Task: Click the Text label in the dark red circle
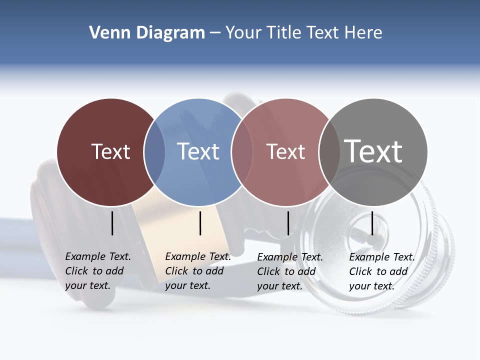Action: point(110,151)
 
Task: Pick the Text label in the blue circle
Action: point(198,151)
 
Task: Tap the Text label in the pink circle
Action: point(285,151)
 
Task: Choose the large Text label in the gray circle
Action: point(373,151)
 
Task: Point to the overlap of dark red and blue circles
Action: point(154,152)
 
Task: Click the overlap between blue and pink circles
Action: point(242,152)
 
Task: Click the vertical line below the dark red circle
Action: point(112,223)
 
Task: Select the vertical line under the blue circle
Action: point(200,223)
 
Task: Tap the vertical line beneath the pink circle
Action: point(288,223)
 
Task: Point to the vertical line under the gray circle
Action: point(372,223)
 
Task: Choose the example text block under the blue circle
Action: point(198,271)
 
